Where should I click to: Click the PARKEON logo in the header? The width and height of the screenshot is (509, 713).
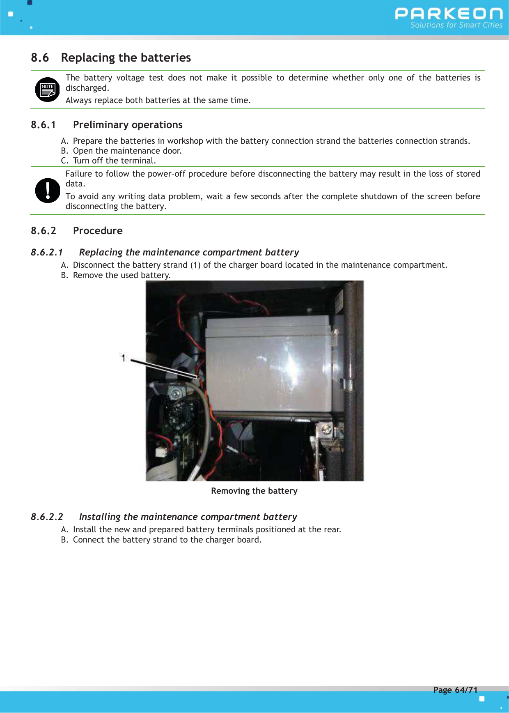click(x=448, y=14)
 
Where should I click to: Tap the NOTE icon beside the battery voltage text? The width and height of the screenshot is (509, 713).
click(x=48, y=90)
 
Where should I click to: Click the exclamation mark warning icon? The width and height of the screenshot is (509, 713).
click(x=48, y=190)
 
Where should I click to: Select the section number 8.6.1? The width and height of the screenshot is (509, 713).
click(x=43, y=125)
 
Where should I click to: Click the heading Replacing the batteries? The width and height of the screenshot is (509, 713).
click(x=126, y=57)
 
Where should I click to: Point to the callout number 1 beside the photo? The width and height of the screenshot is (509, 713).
click(x=123, y=358)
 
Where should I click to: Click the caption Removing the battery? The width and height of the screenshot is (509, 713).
click(x=254, y=491)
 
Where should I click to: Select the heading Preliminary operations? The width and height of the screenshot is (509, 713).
click(x=128, y=125)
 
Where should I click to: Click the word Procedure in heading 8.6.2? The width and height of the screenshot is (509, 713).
click(x=98, y=231)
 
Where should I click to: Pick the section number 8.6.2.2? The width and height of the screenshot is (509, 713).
click(x=47, y=517)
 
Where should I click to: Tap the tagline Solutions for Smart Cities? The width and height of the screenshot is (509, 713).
click(x=456, y=25)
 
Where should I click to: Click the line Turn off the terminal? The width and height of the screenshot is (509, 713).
click(x=114, y=161)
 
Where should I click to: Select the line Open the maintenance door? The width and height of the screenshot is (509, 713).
click(x=127, y=151)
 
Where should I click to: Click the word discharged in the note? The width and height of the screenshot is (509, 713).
click(x=87, y=88)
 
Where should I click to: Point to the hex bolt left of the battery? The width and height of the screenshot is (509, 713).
click(x=176, y=393)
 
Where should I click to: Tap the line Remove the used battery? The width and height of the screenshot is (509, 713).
click(x=122, y=275)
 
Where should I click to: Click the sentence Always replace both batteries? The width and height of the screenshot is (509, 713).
click(x=158, y=100)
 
